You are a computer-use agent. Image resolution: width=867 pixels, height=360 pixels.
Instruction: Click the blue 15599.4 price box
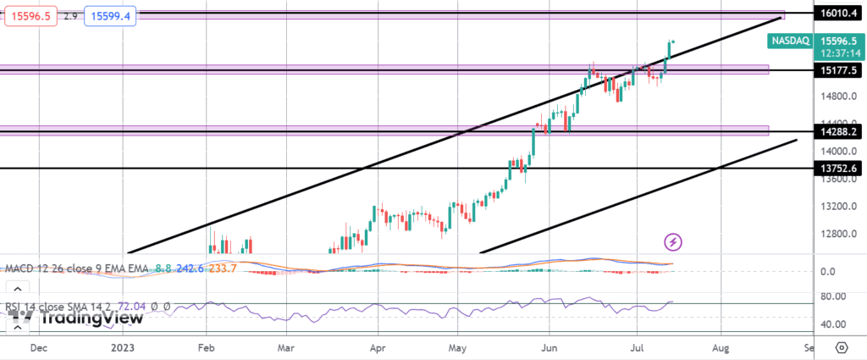pos(113,15)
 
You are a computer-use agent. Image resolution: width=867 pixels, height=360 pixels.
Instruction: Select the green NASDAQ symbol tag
pos(791,41)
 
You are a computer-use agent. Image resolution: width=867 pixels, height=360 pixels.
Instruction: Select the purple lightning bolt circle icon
pos(673,242)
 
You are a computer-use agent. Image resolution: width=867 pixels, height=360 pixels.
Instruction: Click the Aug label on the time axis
pos(721,347)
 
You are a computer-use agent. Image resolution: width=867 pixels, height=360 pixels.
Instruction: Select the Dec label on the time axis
pos(38,347)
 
